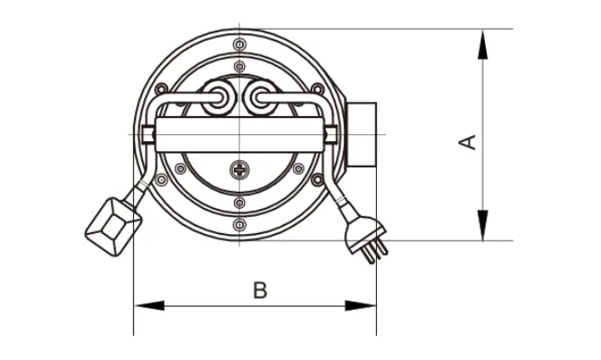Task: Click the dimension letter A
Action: point(468,142)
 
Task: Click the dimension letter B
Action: point(260,290)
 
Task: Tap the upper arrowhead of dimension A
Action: point(483,45)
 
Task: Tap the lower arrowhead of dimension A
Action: point(483,225)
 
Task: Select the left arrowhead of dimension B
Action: point(149,306)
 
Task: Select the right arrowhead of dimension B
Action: point(360,306)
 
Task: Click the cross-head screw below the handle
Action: point(239,170)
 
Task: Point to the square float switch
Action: point(113,227)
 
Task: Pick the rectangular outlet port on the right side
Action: point(362,135)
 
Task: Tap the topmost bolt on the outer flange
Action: point(239,44)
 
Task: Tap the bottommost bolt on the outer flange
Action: point(239,225)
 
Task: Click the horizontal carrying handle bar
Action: point(239,135)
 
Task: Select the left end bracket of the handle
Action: point(148,135)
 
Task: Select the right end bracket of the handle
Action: point(331,135)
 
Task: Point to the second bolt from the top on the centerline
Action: point(239,67)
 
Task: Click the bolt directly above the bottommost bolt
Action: point(239,202)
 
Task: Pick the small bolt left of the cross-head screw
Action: point(181,168)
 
